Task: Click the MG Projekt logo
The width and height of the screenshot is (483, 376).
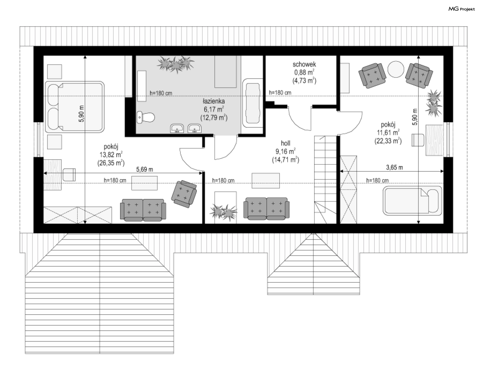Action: click(462, 9)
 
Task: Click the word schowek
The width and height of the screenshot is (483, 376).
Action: click(304, 64)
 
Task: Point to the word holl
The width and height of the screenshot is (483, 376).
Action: click(286, 143)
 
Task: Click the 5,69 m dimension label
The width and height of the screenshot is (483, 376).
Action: click(145, 169)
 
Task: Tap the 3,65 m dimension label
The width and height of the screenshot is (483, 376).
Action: click(394, 167)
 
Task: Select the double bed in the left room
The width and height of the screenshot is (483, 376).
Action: click(75, 107)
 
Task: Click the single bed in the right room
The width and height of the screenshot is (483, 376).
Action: click(412, 201)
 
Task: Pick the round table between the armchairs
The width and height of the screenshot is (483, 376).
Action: click(396, 69)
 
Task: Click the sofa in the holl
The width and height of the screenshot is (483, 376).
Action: click(266, 209)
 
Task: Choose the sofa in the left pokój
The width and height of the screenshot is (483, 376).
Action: click(143, 210)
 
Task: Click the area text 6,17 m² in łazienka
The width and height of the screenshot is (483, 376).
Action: click(214, 109)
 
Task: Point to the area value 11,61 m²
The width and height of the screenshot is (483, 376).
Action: click(388, 132)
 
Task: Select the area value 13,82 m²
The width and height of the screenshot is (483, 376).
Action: click(111, 155)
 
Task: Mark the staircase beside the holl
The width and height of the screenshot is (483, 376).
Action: click(325, 179)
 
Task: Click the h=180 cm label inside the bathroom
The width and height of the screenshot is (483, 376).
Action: click(161, 93)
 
